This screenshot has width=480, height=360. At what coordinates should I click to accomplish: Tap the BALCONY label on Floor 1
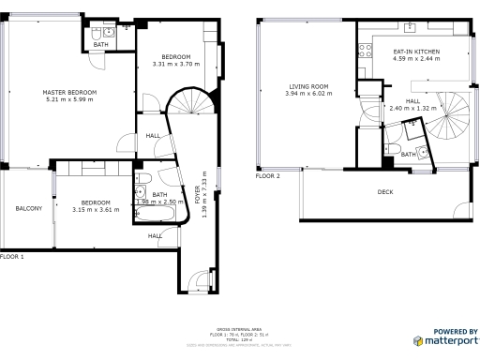coord(28,208)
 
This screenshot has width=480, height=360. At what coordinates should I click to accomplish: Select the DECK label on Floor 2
coord(385,192)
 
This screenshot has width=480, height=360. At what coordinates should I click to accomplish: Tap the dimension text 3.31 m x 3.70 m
coord(177,64)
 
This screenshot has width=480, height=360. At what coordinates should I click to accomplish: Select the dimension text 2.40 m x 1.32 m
coord(412,108)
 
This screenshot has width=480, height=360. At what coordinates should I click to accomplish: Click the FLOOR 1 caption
coord(12,256)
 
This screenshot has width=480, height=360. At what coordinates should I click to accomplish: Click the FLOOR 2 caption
coord(268,175)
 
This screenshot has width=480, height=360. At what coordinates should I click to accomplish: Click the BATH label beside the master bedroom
coord(99,44)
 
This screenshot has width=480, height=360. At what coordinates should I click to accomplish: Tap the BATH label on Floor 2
coord(408,155)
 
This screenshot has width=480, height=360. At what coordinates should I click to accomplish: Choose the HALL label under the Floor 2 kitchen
coord(412,100)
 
